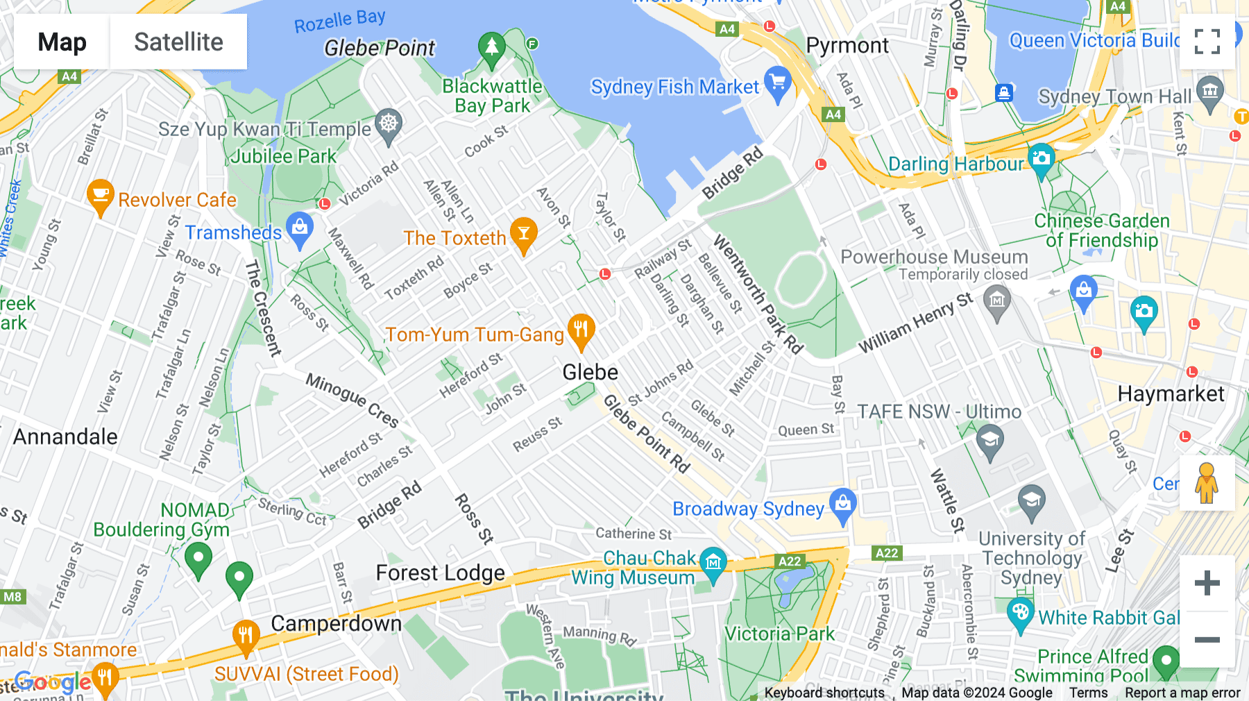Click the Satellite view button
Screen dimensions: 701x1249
click(x=178, y=42)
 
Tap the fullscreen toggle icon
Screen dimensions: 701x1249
click(x=1207, y=42)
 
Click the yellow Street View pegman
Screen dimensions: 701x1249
click(x=1207, y=483)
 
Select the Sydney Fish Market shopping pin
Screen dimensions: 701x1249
click(x=777, y=83)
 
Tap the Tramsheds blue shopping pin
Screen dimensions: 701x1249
click(x=300, y=229)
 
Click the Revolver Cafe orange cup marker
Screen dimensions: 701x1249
click(x=101, y=196)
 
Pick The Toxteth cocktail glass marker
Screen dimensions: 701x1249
click(x=524, y=234)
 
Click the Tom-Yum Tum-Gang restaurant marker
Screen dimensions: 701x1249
click(x=581, y=330)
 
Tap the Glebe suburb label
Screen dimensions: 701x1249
click(x=590, y=373)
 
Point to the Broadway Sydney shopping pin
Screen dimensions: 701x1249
click(x=842, y=505)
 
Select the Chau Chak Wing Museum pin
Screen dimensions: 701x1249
click(x=713, y=563)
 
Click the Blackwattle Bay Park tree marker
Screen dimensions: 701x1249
click(x=491, y=49)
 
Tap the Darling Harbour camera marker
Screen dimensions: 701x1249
click(x=1041, y=160)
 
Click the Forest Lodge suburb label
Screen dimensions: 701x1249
click(x=440, y=573)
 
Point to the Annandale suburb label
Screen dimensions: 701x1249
click(x=65, y=437)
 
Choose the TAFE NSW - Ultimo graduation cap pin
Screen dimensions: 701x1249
click(x=990, y=441)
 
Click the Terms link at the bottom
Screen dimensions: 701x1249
click(x=1088, y=693)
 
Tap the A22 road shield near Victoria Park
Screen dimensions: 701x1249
click(x=790, y=561)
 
